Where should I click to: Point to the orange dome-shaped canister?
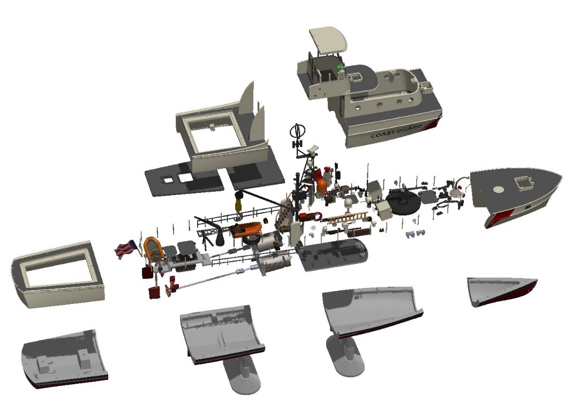click(x=322, y=186)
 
